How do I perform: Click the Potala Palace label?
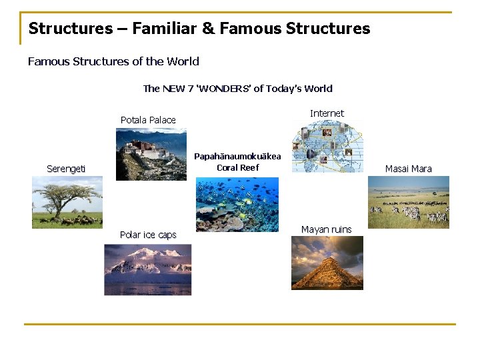pyautogui.click(x=148, y=120)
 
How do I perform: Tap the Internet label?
pyautogui.click(x=327, y=113)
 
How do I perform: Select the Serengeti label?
pyautogui.click(x=66, y=169)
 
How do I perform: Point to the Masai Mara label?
pyautogui.click(x=408, y=169)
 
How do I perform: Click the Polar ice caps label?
pyautogui.click(x=148, y=235)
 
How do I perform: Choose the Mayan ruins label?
pyautogui.click(x=326, y=229)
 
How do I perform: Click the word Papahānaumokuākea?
pyautogui.click(x=237, y=157)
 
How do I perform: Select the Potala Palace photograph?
pyautogui.click(x=151, y=154)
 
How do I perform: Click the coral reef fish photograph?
pyautogui.click(x=237, y=204)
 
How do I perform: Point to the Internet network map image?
pyautogui.click(x=327, y=146)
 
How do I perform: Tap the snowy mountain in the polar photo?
pyautogui.click(x=147, y=262)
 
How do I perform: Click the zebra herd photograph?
pyautogui.click(x=408, y=202)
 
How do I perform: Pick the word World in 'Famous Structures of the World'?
pyautogui.click(x=183, y=61)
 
